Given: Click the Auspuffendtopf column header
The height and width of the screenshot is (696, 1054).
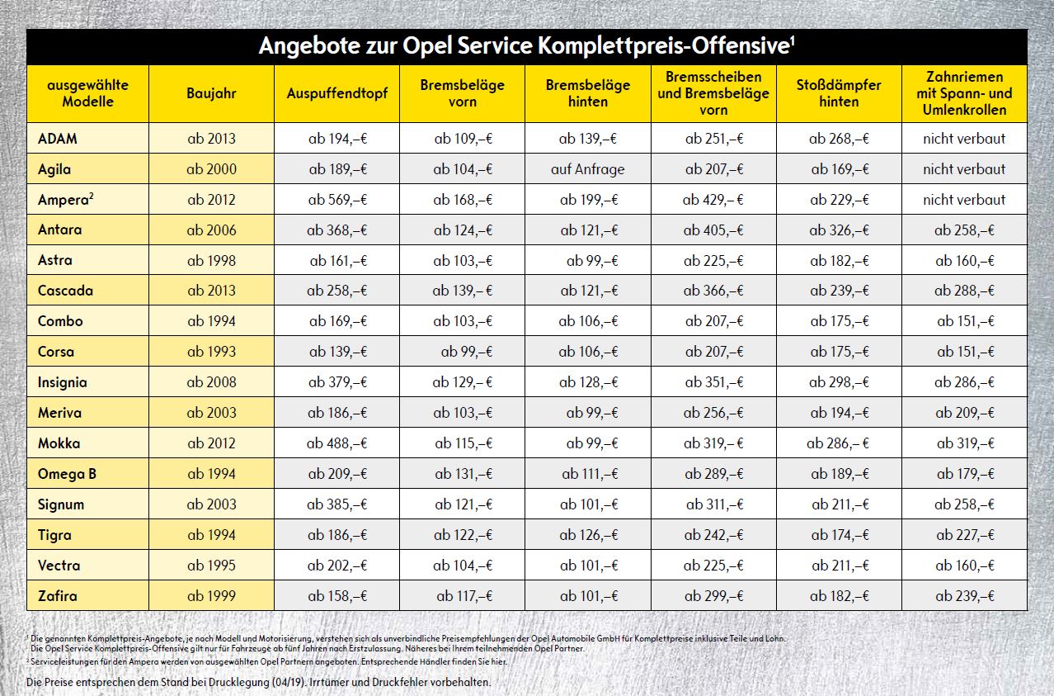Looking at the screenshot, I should point(337,93).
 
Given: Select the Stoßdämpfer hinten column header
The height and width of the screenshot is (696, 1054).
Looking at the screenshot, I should point(839,93).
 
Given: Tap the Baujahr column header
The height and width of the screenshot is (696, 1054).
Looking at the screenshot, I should point(211,93).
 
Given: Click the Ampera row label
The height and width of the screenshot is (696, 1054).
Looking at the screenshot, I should point(59,200).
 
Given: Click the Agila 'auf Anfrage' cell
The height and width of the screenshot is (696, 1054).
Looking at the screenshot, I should point(588,169).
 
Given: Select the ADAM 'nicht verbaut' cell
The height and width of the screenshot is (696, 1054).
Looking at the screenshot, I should point(964,139).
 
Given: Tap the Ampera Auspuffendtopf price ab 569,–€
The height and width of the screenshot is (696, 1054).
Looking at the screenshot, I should point(337,200).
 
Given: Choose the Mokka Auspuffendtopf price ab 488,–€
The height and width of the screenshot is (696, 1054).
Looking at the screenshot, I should point(337,443).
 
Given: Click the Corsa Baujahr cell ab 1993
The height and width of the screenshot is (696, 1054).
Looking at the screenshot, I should point(211,352).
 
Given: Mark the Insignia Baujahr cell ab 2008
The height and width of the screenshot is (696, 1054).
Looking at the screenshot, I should point(211,382).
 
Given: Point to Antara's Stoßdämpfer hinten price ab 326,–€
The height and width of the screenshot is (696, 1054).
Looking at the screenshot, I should point(839,230).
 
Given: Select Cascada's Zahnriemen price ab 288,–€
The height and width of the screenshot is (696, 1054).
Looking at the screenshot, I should point(964,291).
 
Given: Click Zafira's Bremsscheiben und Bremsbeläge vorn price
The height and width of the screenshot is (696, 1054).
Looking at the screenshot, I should point(713,595).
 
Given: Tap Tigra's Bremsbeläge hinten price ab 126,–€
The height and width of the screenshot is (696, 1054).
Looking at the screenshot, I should point(588,535).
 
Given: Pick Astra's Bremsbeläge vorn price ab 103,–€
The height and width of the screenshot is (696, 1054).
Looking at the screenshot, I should point(463,261).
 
